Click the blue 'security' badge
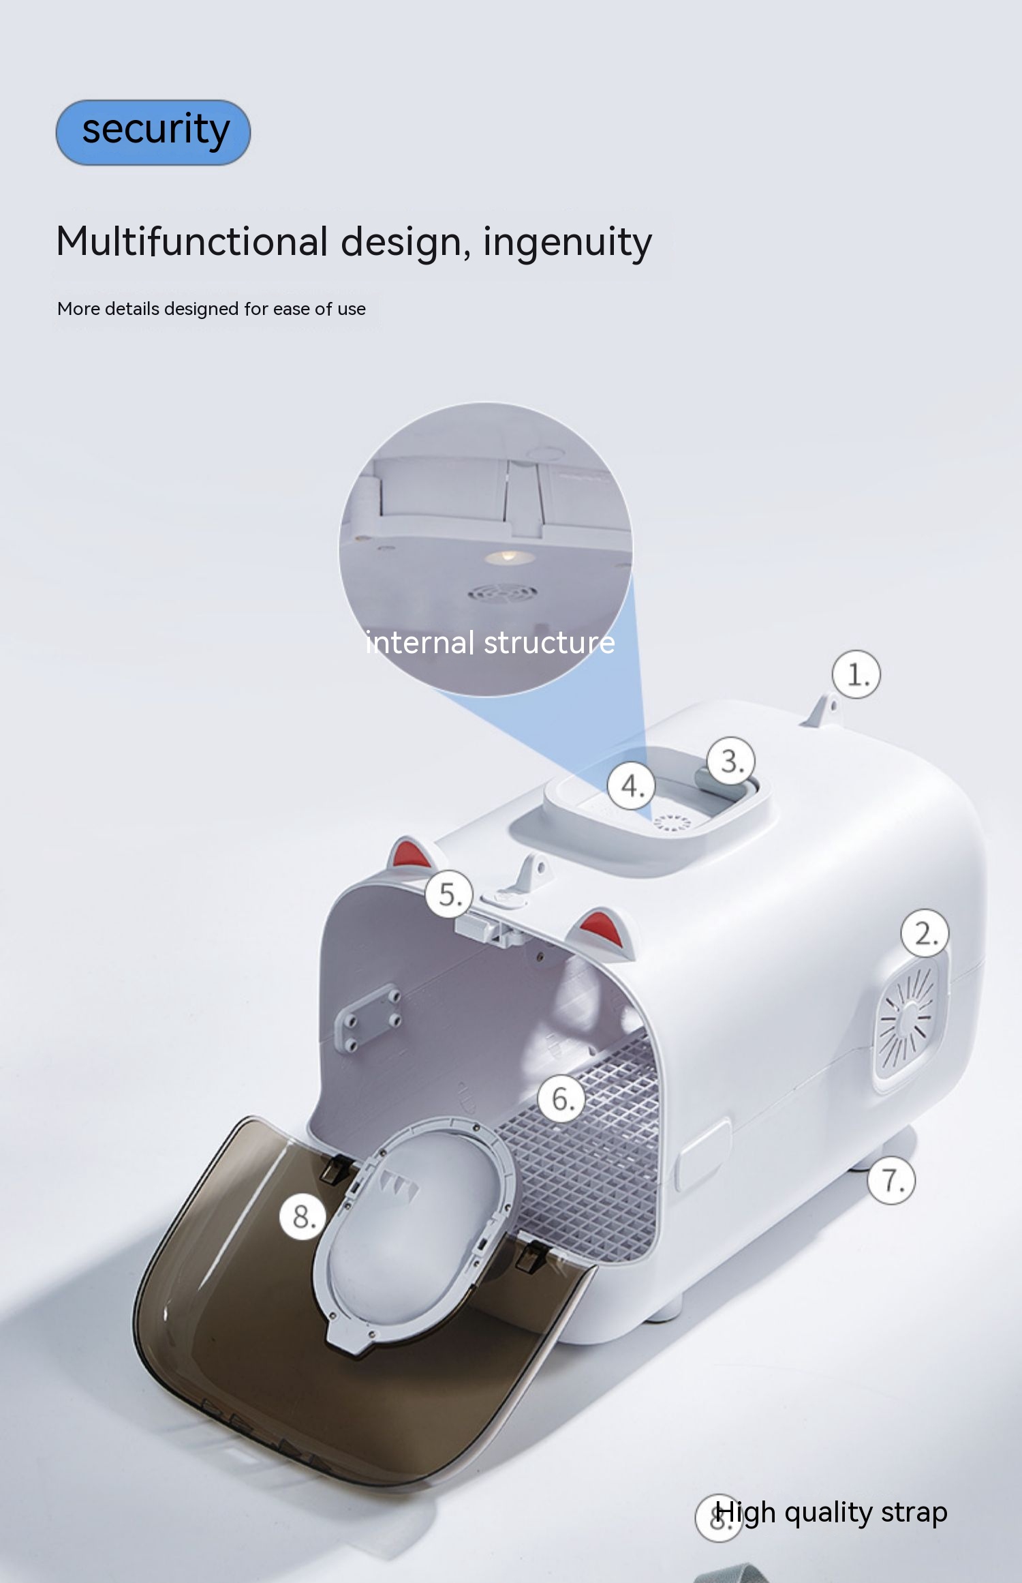[153, 132]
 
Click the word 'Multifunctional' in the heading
[193, 241]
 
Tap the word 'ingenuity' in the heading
[568, 243]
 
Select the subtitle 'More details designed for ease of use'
[211, 309]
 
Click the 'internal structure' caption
[490, 643]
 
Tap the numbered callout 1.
[856, 675]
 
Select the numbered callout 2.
[925, 933]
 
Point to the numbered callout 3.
[731, 761]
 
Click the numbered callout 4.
[632, 785]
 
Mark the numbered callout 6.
[562, 1098]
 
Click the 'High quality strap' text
[831, 1512]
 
